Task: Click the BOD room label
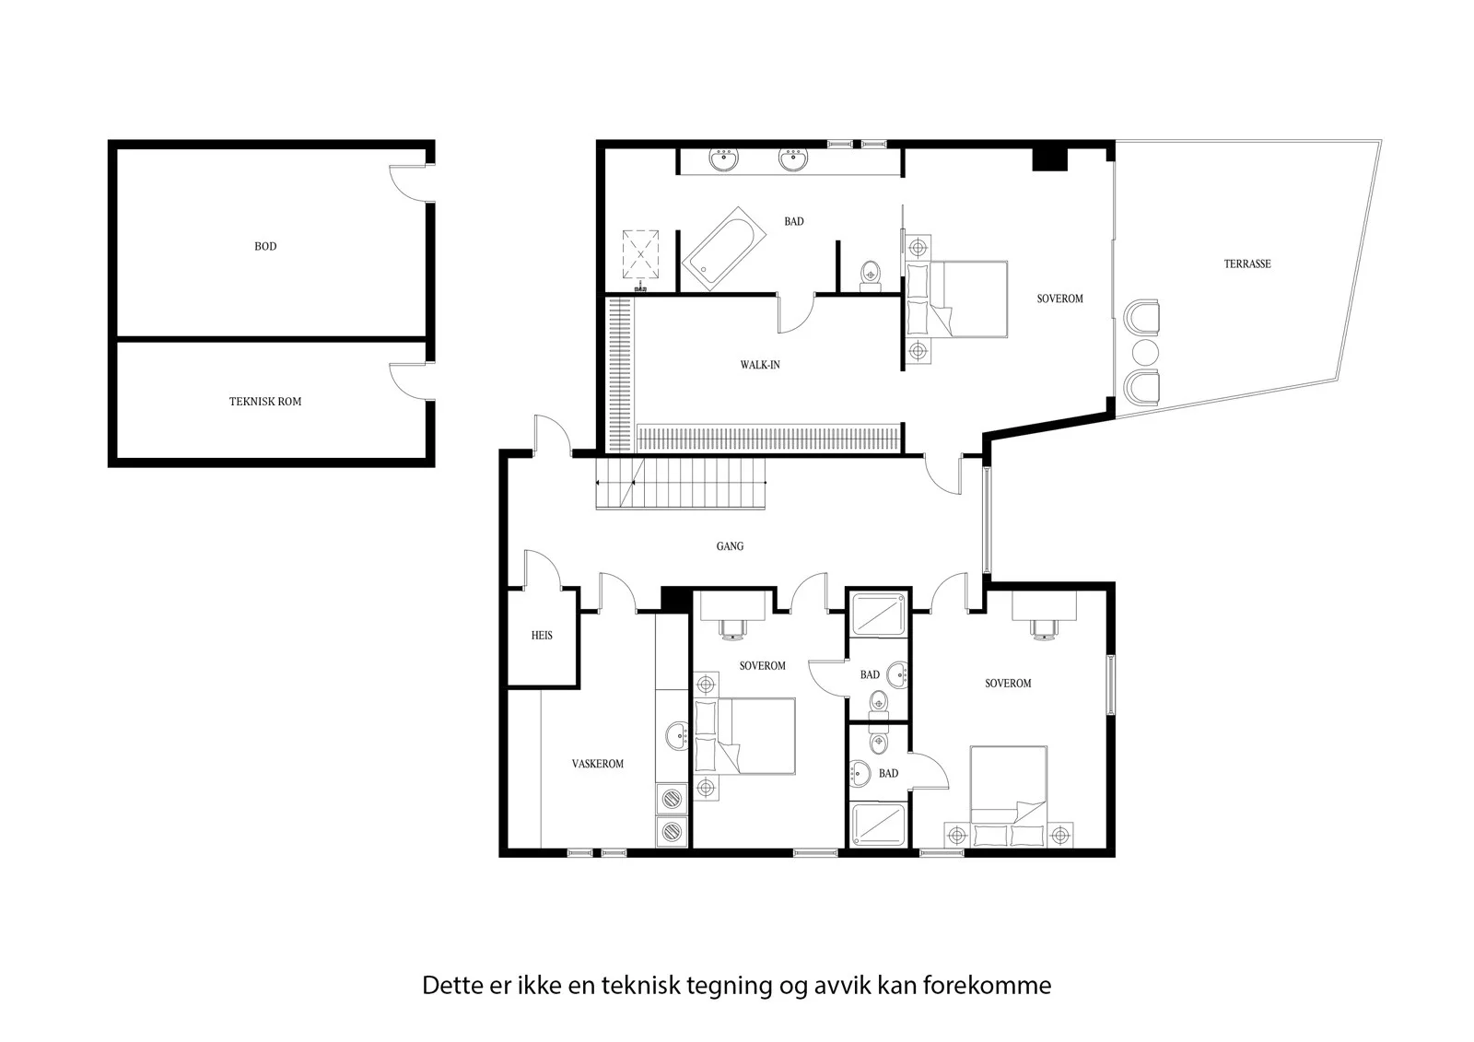pyautogui.click(x=265, y=246)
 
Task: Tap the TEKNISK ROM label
pyautogui.click(x=265, y=402)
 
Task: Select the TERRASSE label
pyautogui.click(x=1247, y=264)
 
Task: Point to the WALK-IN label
pyautogui.click(x=760, y=365)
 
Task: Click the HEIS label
pyautogui.click(x=542, y=635)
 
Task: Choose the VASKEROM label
pyautogui.click(x=598, y=764)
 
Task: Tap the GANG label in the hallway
pyautogui.click(x=730, y=545)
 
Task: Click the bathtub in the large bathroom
pyautogui.click(x=724, y=249)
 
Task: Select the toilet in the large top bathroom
pyautogui.click(x=871, y=275)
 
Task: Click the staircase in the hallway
pyautogui.click(x=681, y=483)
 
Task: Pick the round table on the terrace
pyautogui.click(x=1145, y=352)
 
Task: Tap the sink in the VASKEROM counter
pyautogui.click(x=676, y=735)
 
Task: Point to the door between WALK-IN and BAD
pyautogui.click(x=796, y=314)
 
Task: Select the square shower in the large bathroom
pyautogui.click(x=640, y=254)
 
